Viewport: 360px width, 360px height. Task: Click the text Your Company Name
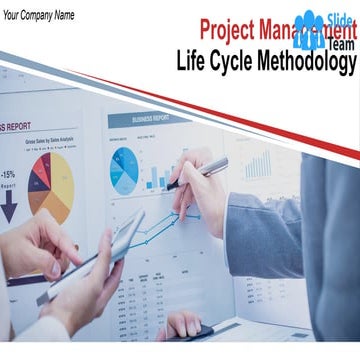(39, 14)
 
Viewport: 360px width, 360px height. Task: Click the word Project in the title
(229, 30)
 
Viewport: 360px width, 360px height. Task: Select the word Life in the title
(193, 61)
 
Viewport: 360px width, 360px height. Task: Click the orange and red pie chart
(50, 184)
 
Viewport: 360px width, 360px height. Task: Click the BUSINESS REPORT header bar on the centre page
(150, 118)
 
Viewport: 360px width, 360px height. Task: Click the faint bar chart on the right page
(258, 165)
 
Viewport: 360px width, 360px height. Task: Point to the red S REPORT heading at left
(16, 127)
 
